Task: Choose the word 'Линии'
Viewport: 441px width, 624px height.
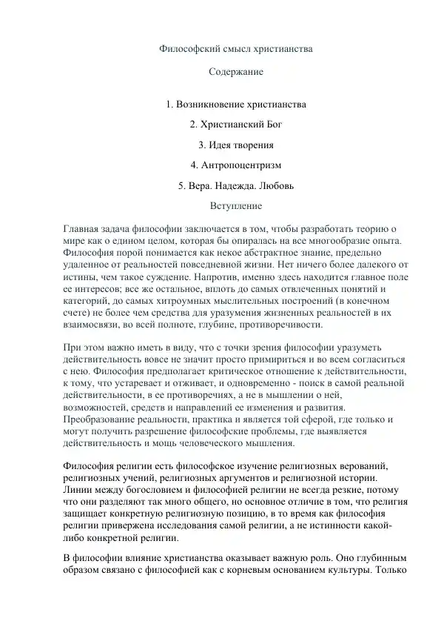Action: pyautogui.click(x=78, y=491)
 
